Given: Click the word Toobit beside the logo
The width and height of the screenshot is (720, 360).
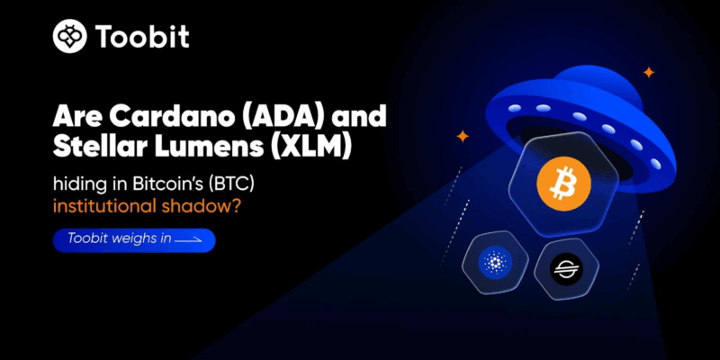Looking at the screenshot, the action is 142,37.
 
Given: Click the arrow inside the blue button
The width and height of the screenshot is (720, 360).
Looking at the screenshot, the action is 188,239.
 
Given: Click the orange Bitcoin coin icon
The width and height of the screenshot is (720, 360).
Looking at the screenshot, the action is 557,184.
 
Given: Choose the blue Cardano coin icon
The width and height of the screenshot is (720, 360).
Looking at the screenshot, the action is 495,263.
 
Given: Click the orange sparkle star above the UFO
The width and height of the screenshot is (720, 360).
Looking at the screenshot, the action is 648,72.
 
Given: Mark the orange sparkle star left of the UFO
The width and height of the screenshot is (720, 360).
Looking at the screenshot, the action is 463,136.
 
